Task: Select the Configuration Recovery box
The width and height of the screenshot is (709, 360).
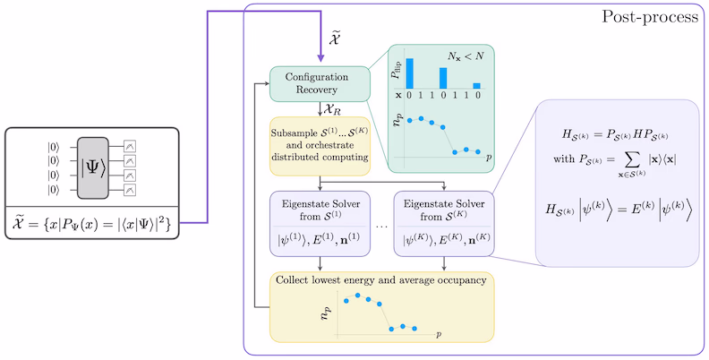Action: [x=320, y=84]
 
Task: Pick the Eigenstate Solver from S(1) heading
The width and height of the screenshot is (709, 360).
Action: [x=320, y=207]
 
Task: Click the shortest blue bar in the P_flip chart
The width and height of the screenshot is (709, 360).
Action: [x=476, y=86]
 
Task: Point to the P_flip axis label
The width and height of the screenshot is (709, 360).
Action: [x=395, y=73]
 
